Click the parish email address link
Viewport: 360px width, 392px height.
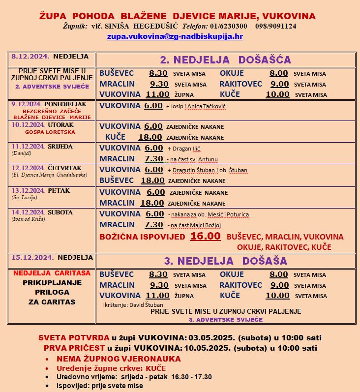[175, 36]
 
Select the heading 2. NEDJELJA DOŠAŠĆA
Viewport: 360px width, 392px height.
[225, 60]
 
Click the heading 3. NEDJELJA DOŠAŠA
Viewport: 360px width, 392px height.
[226, 261]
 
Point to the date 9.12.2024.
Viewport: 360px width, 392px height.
[27, 105]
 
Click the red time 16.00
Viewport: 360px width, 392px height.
[205, 237]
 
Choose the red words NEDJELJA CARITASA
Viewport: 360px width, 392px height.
[52, 273]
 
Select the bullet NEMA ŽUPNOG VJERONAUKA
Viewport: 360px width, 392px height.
[119, 359]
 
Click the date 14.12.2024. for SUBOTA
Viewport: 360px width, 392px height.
[29, 212]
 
